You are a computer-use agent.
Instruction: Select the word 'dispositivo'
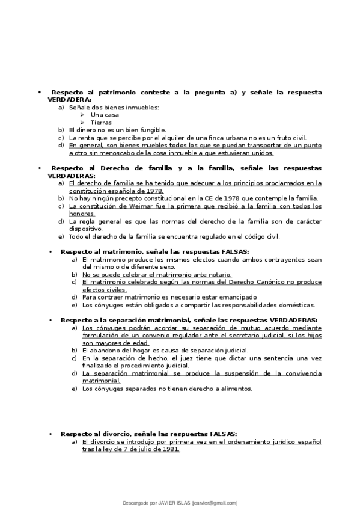(85, 229)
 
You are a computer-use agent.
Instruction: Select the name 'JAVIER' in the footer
(159, 502)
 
